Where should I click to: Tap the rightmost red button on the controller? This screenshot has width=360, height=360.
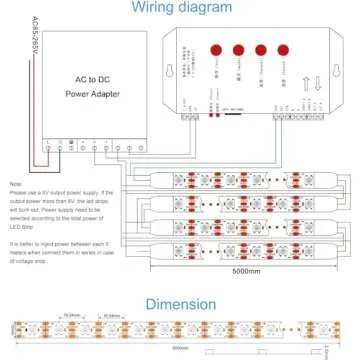coord(282,49)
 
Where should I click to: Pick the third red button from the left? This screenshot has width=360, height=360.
coord(261,49)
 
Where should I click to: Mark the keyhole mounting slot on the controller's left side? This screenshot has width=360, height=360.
coord(193,71)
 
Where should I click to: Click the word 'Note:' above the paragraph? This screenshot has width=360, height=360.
coord(15,184)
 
